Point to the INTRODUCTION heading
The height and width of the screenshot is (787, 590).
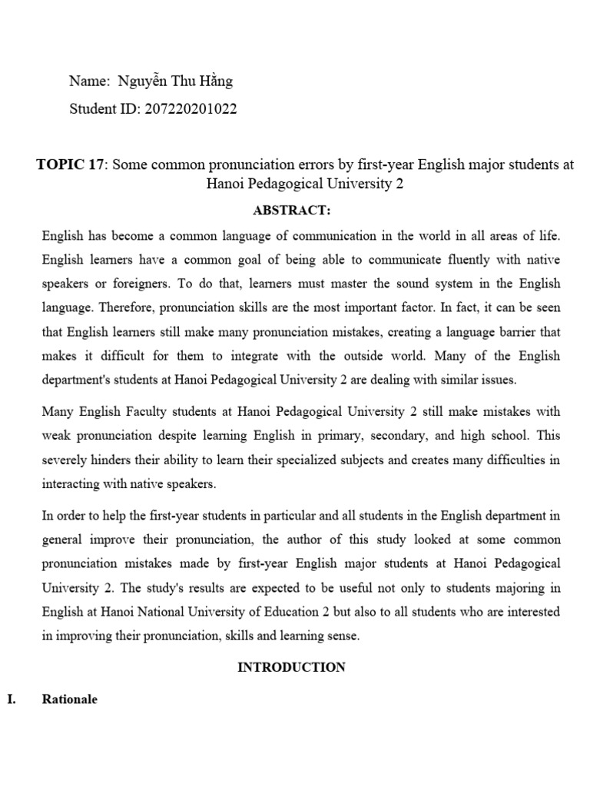tap(291, 667)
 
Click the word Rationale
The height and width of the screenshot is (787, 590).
tap(70, 700)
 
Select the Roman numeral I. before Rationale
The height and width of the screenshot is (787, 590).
tap(11, 700)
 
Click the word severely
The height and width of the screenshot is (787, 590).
tap(67, 460)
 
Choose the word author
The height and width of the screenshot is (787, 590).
tap(320, 540)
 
